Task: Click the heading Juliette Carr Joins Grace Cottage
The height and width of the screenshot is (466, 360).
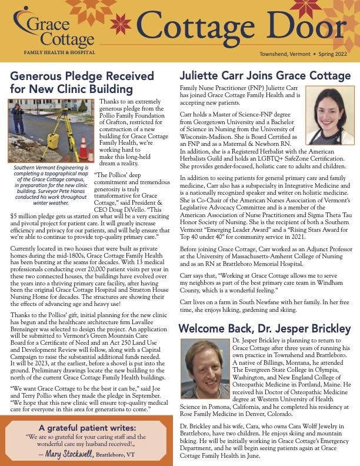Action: coord(264,76)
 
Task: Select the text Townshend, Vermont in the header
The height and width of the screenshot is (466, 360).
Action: coord(283,54)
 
